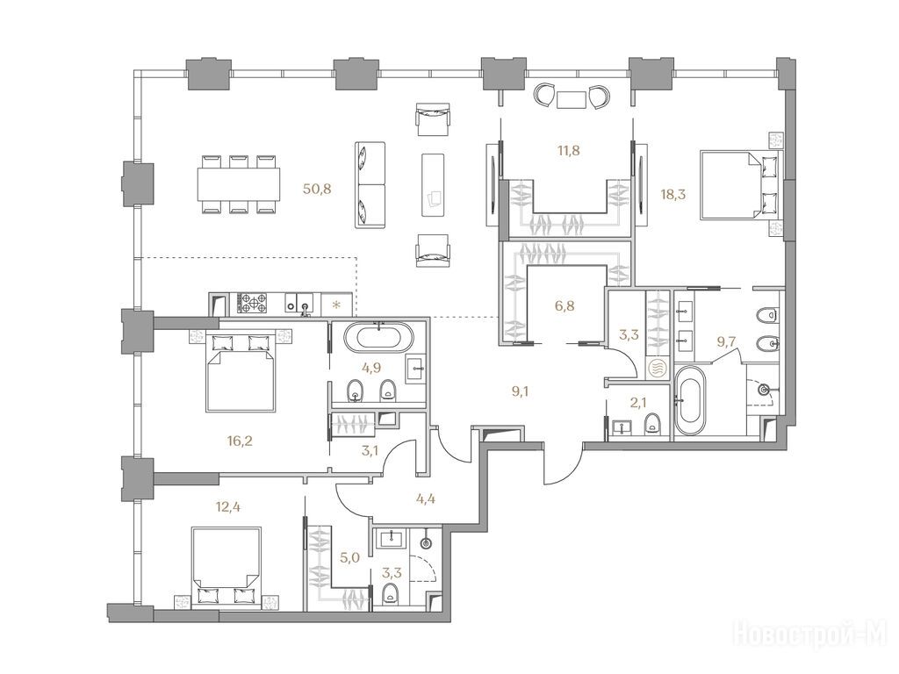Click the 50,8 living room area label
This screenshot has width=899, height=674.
tap(317, 189)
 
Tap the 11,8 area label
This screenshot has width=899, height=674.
tap(568, 151)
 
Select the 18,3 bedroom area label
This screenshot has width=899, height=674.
tap(673, 194)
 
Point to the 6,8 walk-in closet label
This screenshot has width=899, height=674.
tap(565, 305)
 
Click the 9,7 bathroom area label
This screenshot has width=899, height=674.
tap(727, 343)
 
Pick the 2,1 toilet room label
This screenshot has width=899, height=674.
tap(638, 403)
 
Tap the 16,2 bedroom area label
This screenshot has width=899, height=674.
tap(240, 441)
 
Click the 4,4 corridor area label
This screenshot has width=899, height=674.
tap(425, 498)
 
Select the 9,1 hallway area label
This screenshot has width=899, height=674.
tap(520, 392)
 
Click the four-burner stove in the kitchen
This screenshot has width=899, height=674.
tap(252, 303)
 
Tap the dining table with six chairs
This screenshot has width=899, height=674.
tap(239, 184)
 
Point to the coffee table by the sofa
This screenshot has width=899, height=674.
tap(434, 184)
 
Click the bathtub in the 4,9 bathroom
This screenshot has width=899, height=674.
tap(378, 338)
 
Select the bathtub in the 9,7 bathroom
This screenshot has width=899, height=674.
tap(690, 401)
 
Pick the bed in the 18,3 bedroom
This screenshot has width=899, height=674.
tap(739, 184)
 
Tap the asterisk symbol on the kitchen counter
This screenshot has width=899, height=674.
tap(336, 303)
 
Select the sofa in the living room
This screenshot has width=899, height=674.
tap(370, 184)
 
